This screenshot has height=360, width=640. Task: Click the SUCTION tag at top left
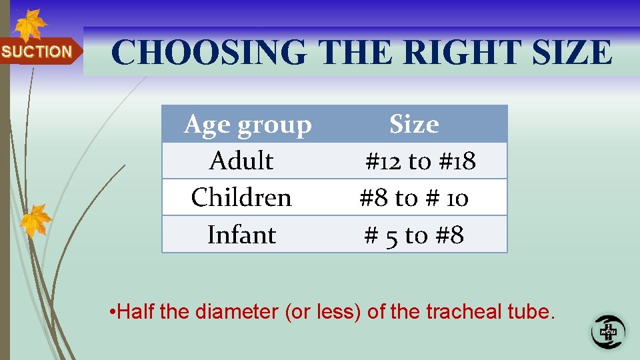tap(37, 51)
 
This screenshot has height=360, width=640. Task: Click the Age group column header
tap(247, 125)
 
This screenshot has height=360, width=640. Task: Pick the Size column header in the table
tap(414, 125)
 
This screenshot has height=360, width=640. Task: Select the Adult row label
tap(241, 161)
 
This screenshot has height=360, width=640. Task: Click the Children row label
tap(241, 198)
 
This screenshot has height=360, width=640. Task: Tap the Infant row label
tap(241, 235)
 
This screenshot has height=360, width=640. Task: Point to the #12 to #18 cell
tap(420, 161)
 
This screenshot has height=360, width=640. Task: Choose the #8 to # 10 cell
tap(414, 198)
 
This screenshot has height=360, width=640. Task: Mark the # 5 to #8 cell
tap(414, 235)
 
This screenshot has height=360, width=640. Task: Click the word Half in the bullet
tap(137, 311)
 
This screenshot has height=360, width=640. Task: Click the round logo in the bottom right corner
tap(608, 331)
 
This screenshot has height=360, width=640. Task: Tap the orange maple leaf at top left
tap(29, 25)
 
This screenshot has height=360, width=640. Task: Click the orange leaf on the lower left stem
tap(35, 220)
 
